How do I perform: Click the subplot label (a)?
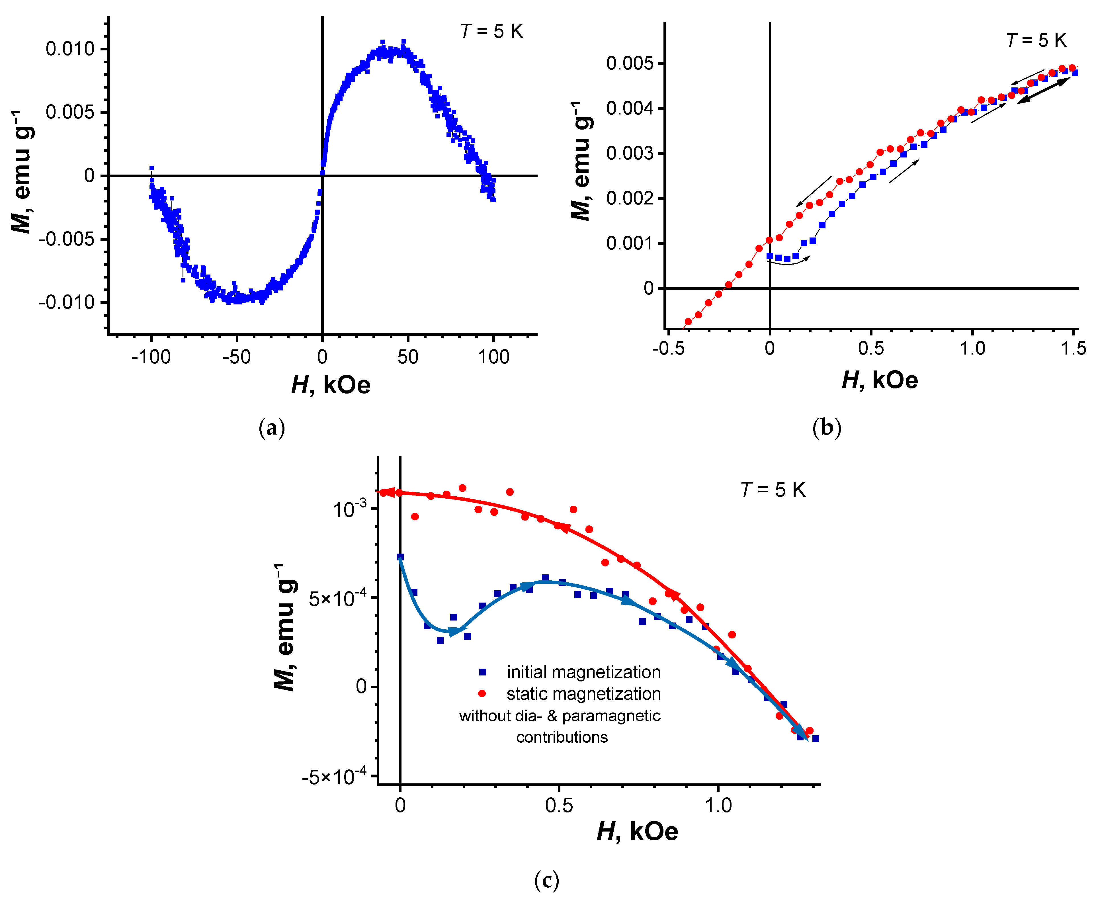tap(272, 428)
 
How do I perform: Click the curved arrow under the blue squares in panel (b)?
tap(788, 263)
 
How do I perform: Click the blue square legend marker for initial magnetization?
tap(482, 672)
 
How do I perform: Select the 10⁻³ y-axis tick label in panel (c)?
tap(350, 509)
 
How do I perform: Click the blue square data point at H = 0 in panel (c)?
tap(400, 557)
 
